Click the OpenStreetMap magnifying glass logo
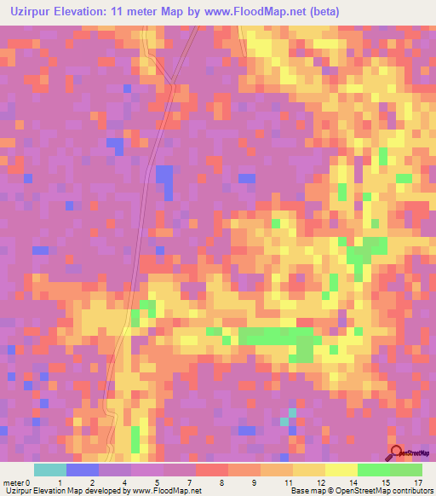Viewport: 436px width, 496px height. click(x=396, y=453)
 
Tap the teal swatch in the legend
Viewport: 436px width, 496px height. click(x=50, y=470)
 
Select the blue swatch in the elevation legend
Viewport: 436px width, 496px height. click(x=83, y=470)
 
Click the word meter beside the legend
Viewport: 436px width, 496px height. click(x=14, y=482)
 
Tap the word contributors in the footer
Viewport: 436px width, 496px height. click(x=411, y=491)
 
